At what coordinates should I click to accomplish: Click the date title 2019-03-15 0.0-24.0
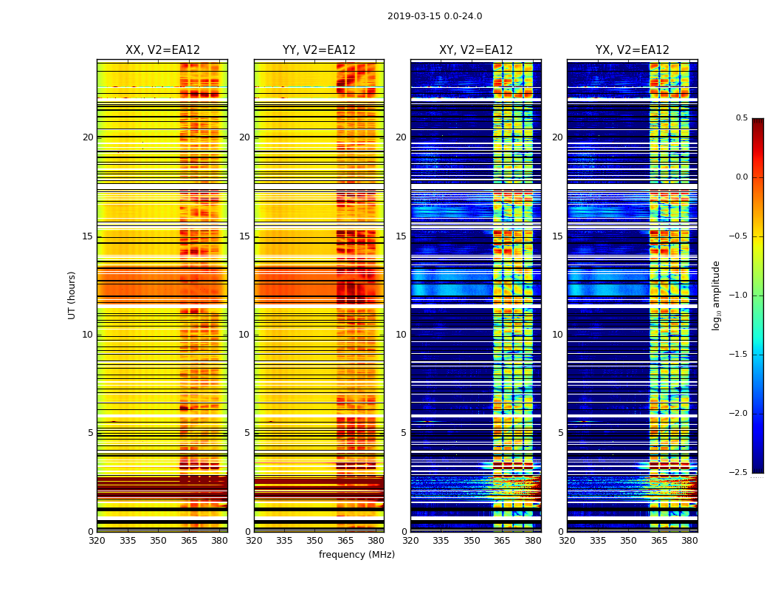[435, 16]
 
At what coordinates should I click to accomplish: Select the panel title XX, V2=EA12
[162, 50]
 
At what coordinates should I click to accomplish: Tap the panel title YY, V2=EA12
[319, 50]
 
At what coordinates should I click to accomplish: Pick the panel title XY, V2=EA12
[476, 50]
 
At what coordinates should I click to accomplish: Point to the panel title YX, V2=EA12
[633, 50]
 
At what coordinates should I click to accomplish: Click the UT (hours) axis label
[72, 295]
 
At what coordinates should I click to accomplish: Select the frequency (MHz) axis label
[356, 555]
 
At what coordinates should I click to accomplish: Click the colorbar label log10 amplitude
[716, 295]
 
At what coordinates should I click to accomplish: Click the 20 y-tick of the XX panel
[88, 137]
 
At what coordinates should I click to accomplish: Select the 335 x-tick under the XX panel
[128, 540]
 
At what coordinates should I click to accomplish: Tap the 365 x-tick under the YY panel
[345, 540]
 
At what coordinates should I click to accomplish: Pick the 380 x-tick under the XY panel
[533, 540]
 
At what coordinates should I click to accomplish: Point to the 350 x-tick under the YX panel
[628, 540]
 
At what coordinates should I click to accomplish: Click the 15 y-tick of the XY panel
[402, 236]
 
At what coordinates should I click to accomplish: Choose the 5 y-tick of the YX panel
[561, 433]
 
